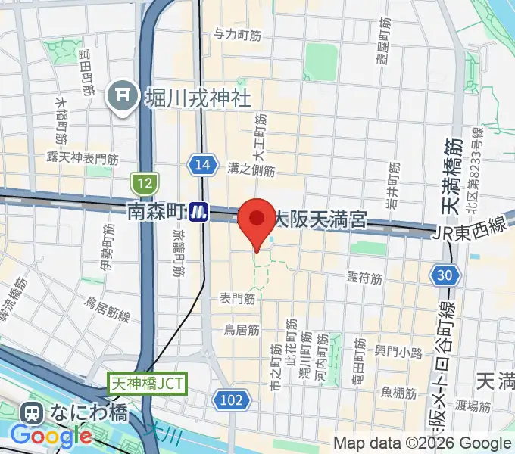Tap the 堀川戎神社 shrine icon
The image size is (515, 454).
(121, 96)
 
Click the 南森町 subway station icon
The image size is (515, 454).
(200, 211)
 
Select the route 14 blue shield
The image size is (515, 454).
(200, 166)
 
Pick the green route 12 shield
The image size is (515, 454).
(143, 182)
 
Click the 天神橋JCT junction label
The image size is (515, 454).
(146, 384)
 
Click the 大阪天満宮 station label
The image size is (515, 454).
(320, 220)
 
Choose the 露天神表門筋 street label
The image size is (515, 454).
(83, 158)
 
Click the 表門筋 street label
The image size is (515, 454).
(237, 299)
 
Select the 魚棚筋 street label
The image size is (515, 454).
(398, 393)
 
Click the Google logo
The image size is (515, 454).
(50, 437)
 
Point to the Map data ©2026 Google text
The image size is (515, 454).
(423, 443)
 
